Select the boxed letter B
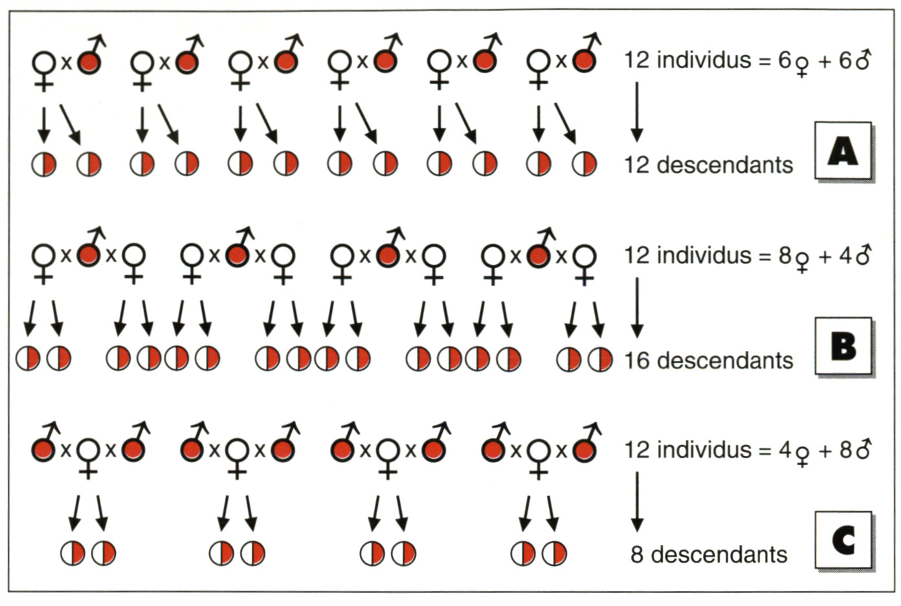[843, 346]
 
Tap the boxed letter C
[843, 541]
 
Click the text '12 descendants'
[708, 165]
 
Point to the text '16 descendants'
[708, 361]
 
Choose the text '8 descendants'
[709, 555]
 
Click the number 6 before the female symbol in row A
[784, 61]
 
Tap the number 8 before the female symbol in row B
[784, 256]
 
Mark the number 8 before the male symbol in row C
[846, 450]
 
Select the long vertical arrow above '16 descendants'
[637, 307]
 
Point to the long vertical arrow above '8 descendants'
[637, 501]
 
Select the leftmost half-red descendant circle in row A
[43, 164]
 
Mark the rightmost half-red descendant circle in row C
[555, 554]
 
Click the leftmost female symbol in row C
[88, 455]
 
